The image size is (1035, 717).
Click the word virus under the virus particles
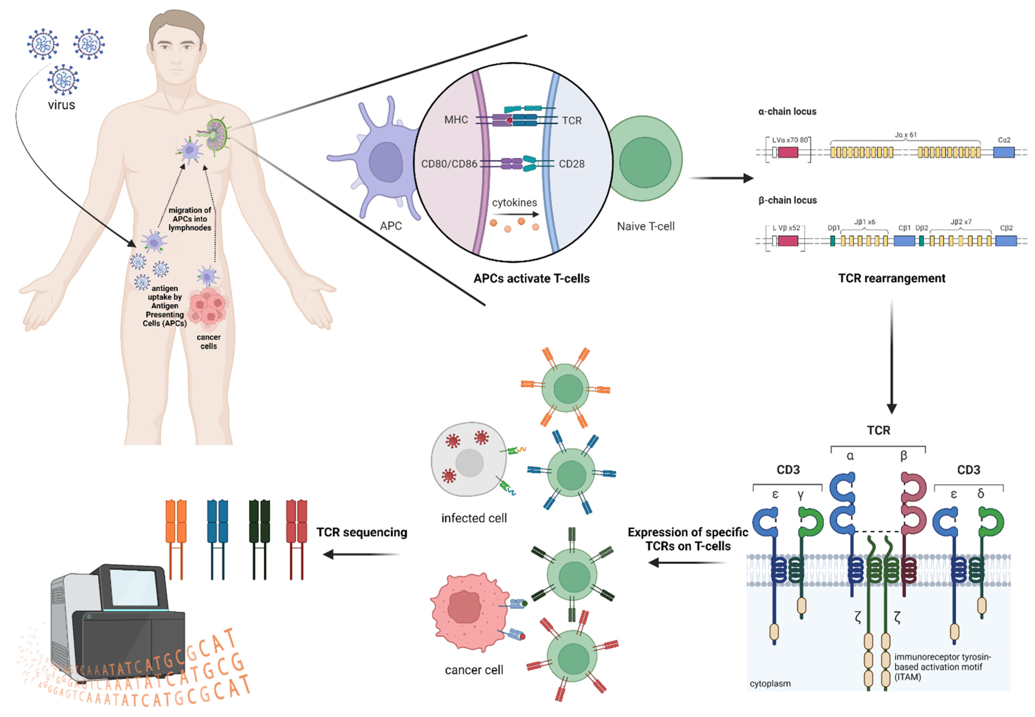click(62, 105)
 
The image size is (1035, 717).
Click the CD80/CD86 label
click(448, 164)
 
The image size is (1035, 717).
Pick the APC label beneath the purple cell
click(390, 226)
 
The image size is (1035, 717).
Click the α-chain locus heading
click(787, 111)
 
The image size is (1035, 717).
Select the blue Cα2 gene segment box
click(1003, 152)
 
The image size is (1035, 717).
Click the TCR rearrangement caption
click(891, 278)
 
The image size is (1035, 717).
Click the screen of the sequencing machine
click(133, 588)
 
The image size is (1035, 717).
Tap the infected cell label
click(474, 519)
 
